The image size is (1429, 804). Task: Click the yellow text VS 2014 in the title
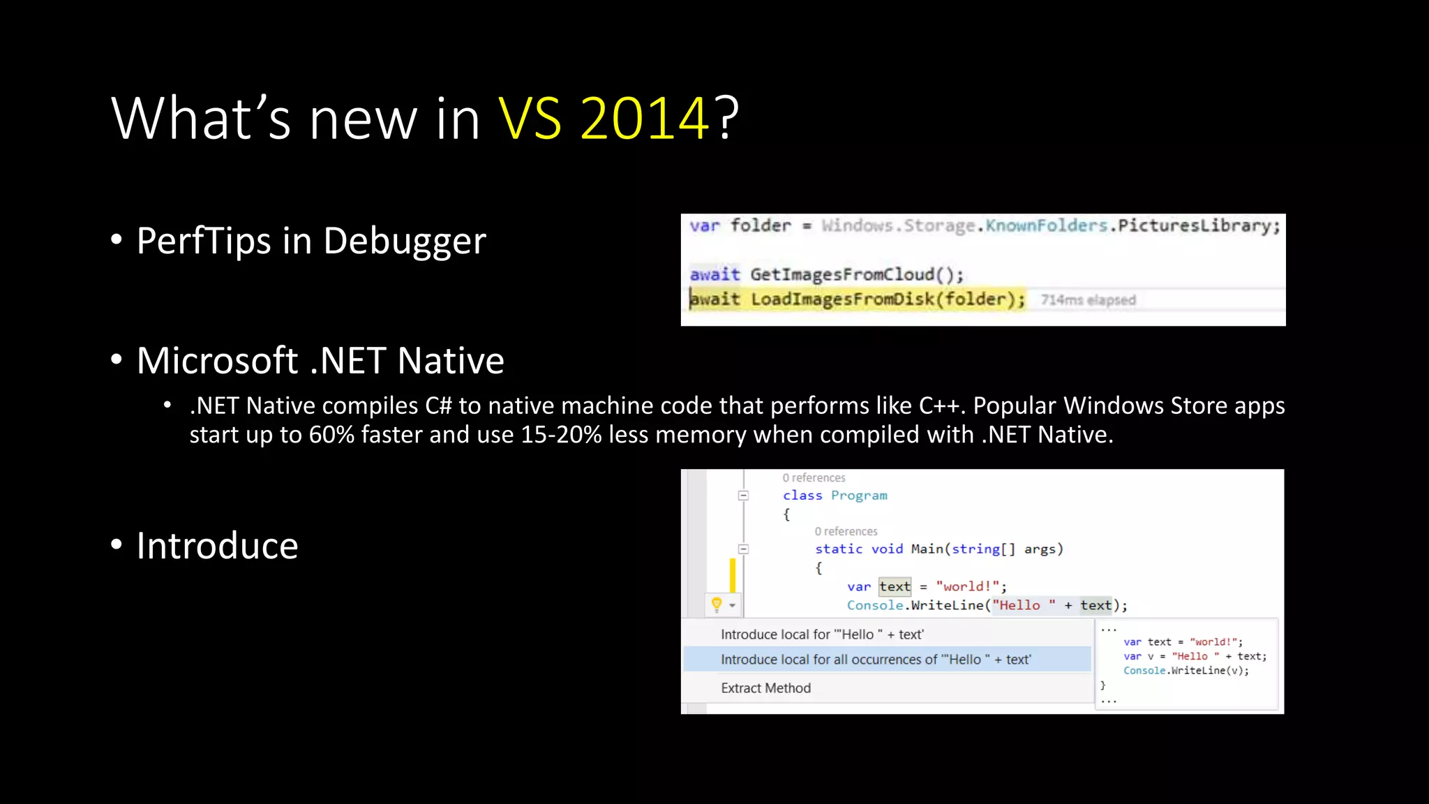click(604, 119)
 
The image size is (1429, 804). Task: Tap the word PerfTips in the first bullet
click(204, 241)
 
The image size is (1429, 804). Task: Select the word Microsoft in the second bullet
click(218, 361)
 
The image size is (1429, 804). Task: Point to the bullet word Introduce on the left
click(217, 546)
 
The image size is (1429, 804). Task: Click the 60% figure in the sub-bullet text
click(332, 435)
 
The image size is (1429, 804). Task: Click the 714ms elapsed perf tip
click(1088, 300)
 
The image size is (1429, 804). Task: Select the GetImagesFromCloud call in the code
click(856, 274)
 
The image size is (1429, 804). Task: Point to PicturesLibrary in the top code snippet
click(1198, 225)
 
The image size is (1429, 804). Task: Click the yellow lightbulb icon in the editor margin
click(716, 604)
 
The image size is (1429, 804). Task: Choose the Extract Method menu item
click(765, 688)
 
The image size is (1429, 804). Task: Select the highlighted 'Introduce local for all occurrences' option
click(875, 660)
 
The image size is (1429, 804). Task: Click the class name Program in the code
click(859, 496)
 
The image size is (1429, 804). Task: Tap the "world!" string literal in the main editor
click(968, 587)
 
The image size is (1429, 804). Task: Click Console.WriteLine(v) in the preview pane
click(1185, 671)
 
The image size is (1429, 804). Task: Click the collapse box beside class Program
click(744, 496)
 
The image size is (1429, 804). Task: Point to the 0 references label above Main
click(846, 532)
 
